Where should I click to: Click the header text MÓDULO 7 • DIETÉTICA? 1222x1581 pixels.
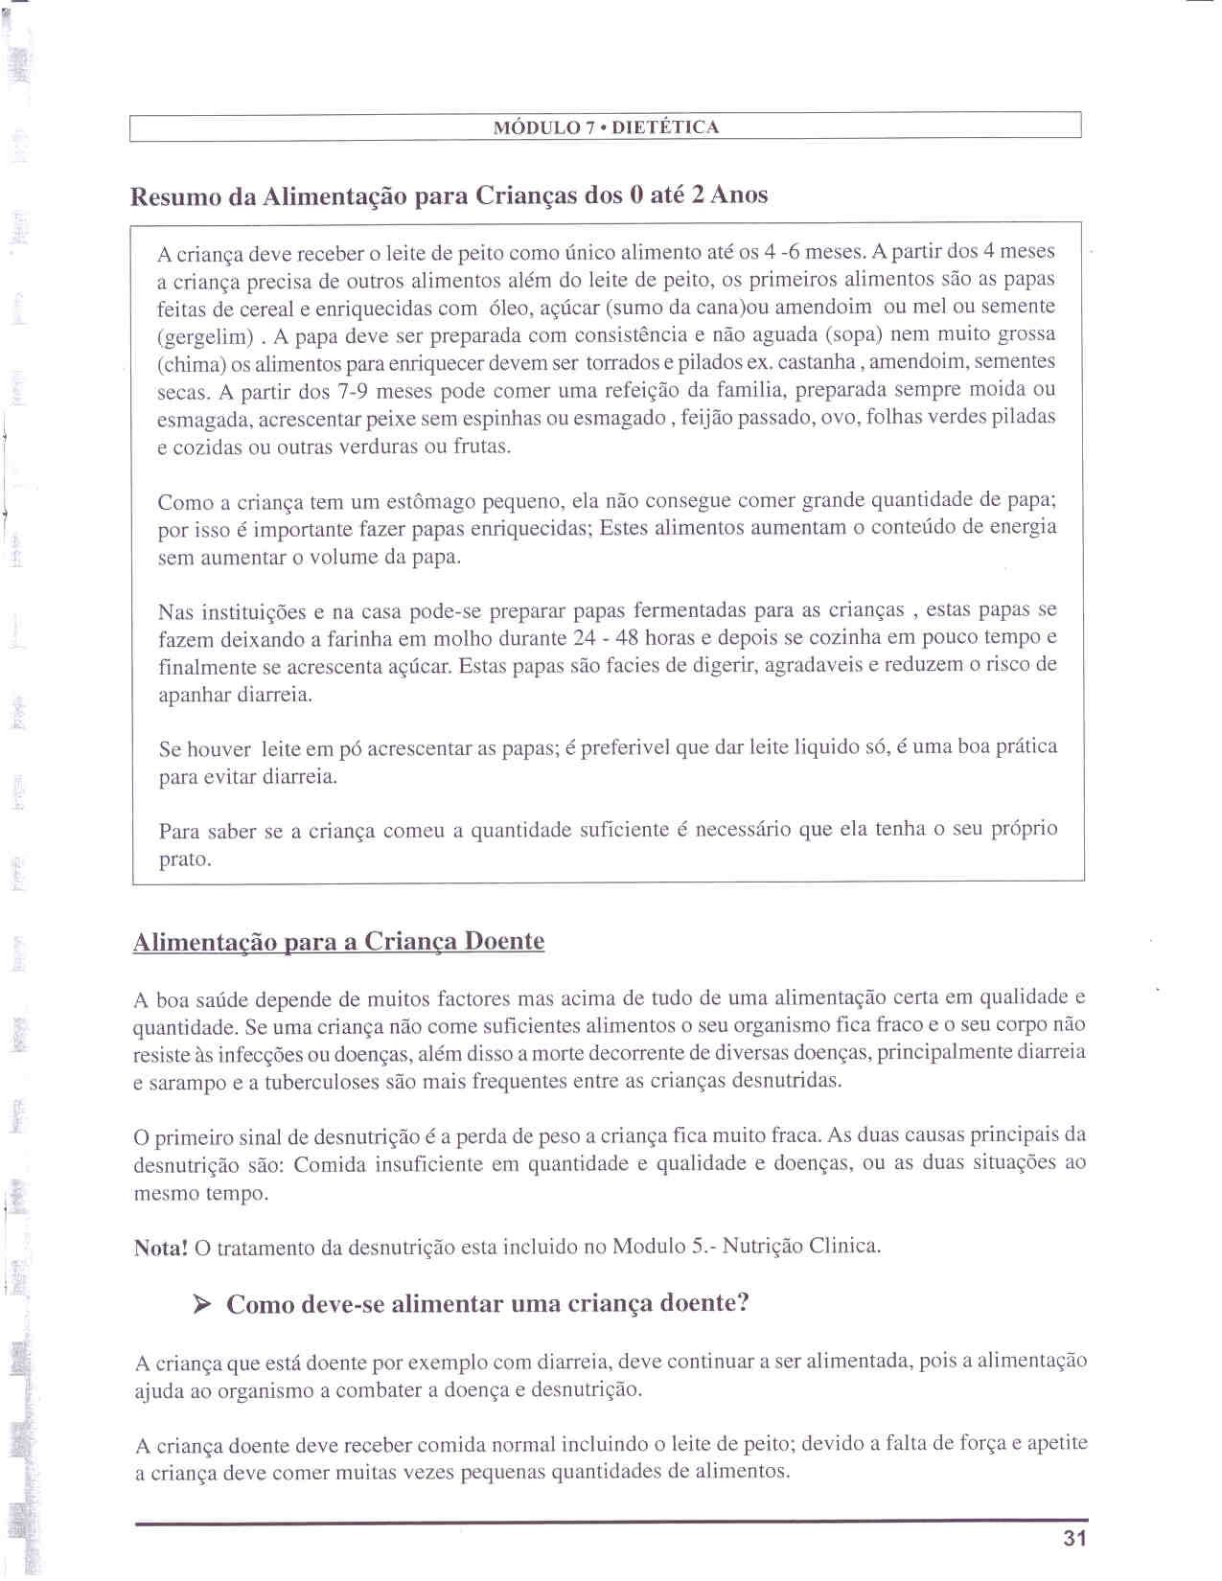pos(606,127)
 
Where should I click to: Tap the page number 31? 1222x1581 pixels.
pos(1074,1539)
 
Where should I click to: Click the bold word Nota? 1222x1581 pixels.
pos(160,1248)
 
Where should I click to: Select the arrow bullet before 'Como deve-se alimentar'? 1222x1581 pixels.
pos(201,1304)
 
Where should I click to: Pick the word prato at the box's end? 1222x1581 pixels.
pos(184,859)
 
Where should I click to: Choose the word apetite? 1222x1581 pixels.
pos(1057,1443)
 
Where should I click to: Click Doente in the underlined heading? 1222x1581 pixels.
pos(504,941)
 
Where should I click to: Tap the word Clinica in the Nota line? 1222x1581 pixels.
pos(844,1246)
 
